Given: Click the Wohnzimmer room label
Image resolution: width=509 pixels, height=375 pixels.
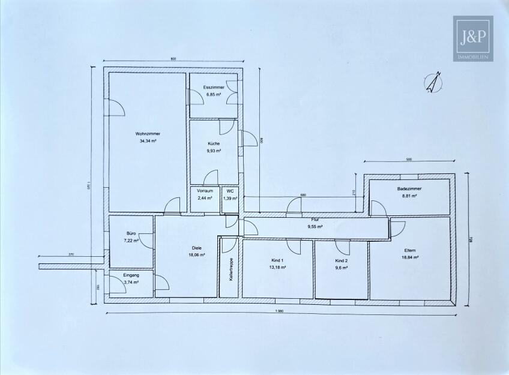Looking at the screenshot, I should coord(147,134).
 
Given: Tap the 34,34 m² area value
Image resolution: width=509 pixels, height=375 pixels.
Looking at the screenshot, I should coord(147,140).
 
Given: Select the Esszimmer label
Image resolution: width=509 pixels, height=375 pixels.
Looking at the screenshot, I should coord(213,88).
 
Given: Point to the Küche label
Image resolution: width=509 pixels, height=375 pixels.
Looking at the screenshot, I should coord(214,144).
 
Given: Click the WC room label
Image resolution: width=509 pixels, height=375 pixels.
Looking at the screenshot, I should coord(230,191).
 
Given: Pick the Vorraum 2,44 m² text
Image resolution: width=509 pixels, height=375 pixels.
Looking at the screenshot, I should coord(205,194).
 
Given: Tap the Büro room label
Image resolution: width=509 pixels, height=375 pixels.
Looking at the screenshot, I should coord(131,233).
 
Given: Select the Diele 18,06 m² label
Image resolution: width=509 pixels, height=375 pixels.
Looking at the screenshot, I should coord(196,250).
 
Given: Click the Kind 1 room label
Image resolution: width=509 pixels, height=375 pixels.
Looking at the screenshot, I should coord(276,260).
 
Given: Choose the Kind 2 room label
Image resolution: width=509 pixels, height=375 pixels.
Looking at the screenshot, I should coord(341,260).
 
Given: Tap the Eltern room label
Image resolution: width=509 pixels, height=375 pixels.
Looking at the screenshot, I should coord(411,250).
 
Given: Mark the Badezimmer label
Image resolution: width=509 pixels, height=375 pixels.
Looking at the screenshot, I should coord(409,189).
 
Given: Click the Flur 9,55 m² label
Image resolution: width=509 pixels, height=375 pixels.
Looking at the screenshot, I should coord(315,224).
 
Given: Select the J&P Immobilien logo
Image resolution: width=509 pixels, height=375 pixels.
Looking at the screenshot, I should coord(472,37).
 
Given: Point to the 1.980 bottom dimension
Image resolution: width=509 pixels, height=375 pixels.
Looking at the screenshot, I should coord(280,311).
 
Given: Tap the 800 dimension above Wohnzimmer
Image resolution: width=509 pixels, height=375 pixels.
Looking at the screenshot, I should coord(173,59).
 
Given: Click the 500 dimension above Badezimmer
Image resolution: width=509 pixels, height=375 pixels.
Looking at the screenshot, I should coord(409,160).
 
